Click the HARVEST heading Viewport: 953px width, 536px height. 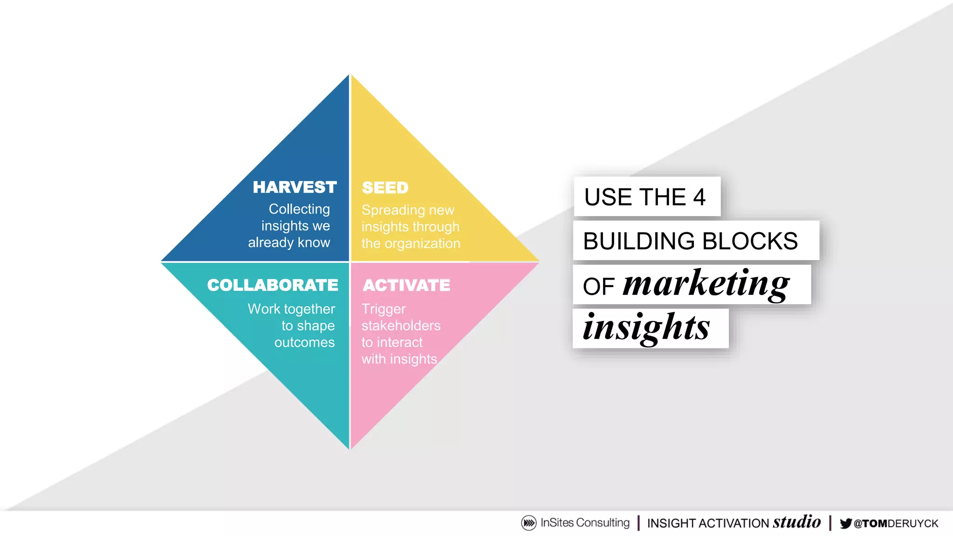click(295, 187)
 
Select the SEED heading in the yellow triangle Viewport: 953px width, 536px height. click(385, 188)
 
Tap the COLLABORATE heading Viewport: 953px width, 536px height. click(273, 285)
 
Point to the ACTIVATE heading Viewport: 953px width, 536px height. click(406, 285)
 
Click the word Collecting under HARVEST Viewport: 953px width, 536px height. click(299, 209)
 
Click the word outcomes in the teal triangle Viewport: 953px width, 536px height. click(304, 342)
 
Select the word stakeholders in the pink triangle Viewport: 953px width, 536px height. click(401, 326)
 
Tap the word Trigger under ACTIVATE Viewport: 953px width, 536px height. click(383, 309)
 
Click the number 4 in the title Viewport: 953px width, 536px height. click(699, 197)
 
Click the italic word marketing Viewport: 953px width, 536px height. click(706, 283)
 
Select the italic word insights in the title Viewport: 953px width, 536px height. click(646, 328)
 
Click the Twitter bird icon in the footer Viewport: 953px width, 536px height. click(846, 523)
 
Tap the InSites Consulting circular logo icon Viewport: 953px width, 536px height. click(529, 523)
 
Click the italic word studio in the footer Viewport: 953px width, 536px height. click(797, 522)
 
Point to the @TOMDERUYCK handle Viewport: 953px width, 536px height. click(896, 524)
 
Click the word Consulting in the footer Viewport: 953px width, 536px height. click(603, 523)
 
